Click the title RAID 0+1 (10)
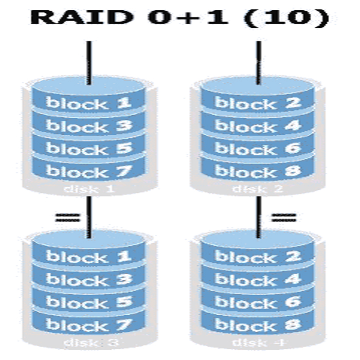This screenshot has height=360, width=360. (179, 17)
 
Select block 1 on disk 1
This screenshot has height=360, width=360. (88, 102)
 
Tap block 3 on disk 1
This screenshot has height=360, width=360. (88, 125)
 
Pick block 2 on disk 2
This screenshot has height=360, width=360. (257, 102)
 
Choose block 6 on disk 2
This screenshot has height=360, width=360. (257, 149)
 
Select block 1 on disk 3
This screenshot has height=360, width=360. (88, 256)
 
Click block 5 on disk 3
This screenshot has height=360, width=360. (88, 302)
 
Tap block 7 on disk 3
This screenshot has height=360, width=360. (88, 325)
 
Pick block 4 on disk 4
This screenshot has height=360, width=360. (257, 279)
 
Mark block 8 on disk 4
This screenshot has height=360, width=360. (257, 325)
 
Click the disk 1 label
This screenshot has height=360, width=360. (88, 189)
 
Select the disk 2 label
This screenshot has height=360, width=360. (257, 189)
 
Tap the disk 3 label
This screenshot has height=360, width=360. (88, 343)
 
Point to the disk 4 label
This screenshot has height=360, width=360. (257, 343)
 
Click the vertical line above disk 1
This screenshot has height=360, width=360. (89, 62)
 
